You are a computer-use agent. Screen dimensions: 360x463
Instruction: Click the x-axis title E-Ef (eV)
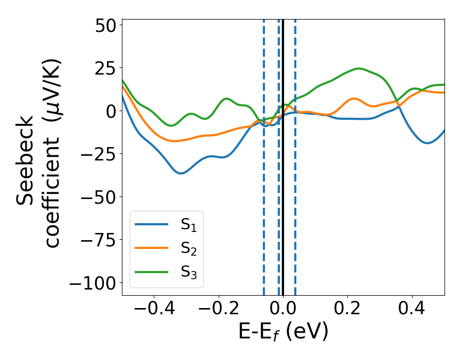pos(283,333)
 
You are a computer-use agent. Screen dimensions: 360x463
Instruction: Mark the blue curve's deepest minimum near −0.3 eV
pos(181,173)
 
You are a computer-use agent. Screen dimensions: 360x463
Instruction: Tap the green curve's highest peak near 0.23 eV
pos(359,68)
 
